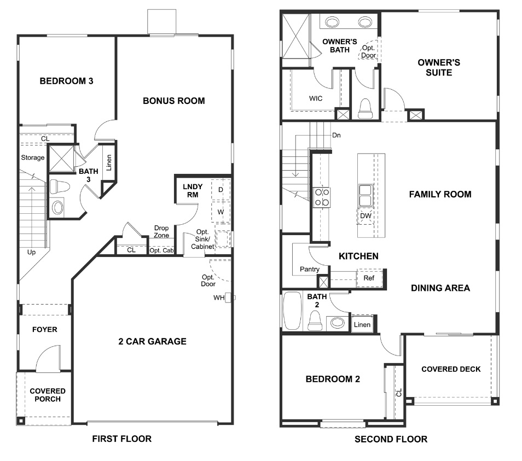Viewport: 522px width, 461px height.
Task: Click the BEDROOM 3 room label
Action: (66, 81)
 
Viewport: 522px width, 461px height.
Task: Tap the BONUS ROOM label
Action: (173, 101)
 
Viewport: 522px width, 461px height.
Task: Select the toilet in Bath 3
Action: (59, 187)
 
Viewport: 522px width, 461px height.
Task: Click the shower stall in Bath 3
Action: (62, 159)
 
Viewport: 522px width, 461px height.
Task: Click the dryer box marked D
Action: (221, 190)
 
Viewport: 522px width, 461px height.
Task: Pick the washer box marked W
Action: (221, 211)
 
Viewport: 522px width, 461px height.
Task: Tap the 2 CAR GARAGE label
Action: (152, 341)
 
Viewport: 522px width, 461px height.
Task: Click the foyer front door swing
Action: (47, 359)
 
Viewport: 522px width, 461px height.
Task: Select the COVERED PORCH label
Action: (48, 395)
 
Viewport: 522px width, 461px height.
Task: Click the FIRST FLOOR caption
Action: (121, 439)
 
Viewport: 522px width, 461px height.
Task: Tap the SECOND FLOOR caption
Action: (391, 439)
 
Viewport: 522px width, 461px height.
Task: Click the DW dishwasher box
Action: (366, 216)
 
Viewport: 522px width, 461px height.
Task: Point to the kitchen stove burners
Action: (321, 197)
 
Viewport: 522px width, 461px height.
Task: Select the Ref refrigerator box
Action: (369, 278)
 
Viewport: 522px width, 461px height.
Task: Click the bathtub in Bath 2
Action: (292, 311)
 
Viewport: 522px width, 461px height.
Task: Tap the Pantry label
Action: (309, 269)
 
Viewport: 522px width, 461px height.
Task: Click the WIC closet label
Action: (315, 98)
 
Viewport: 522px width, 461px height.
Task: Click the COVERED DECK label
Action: (451, 369)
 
